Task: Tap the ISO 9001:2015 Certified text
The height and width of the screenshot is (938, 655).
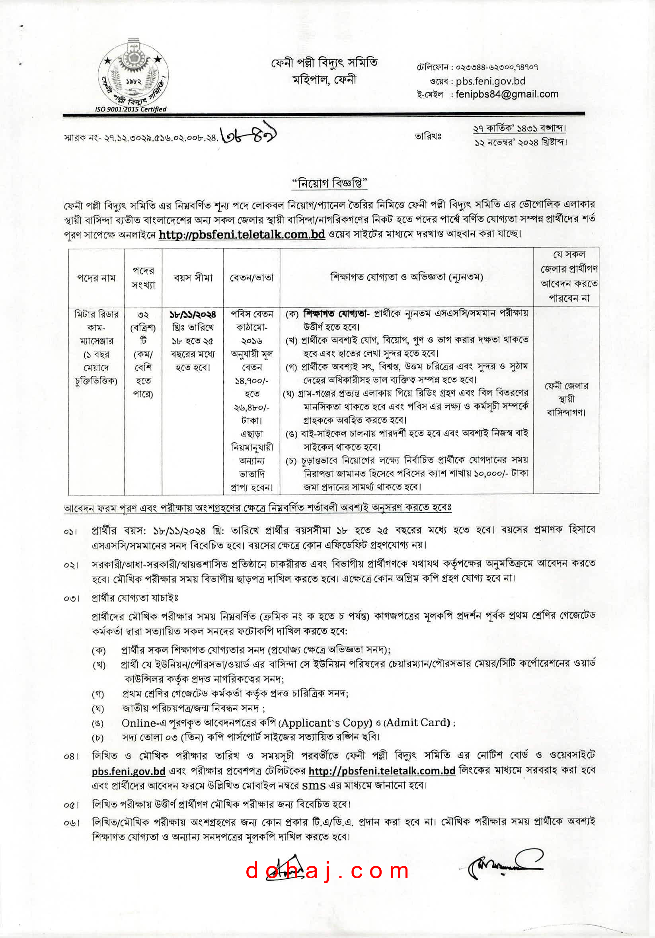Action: [131, 109]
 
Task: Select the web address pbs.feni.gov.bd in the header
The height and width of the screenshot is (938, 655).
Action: [490, 81]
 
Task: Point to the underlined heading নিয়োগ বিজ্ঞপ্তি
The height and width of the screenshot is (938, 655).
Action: [329, 184]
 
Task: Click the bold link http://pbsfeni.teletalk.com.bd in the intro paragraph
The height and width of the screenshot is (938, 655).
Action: [242, 234]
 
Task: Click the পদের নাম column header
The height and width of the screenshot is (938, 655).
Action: [96, 278]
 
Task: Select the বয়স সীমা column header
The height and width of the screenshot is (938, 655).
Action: [193, 278]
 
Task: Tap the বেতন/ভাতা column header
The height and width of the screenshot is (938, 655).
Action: [251, 278]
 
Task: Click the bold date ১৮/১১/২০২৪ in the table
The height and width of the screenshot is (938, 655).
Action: [193, 315]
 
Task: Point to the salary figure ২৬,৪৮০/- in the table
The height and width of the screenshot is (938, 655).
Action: [251, 408]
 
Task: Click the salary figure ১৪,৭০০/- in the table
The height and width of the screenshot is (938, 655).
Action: [251, 381]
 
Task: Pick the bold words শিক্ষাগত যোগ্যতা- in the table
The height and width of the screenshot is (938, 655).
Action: [336, 314]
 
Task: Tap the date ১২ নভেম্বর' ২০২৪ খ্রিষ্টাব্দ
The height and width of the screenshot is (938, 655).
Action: [520, 143]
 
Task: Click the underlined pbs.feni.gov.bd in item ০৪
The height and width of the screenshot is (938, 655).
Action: [128, 771]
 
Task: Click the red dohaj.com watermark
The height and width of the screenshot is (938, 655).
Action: [327, 871]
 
